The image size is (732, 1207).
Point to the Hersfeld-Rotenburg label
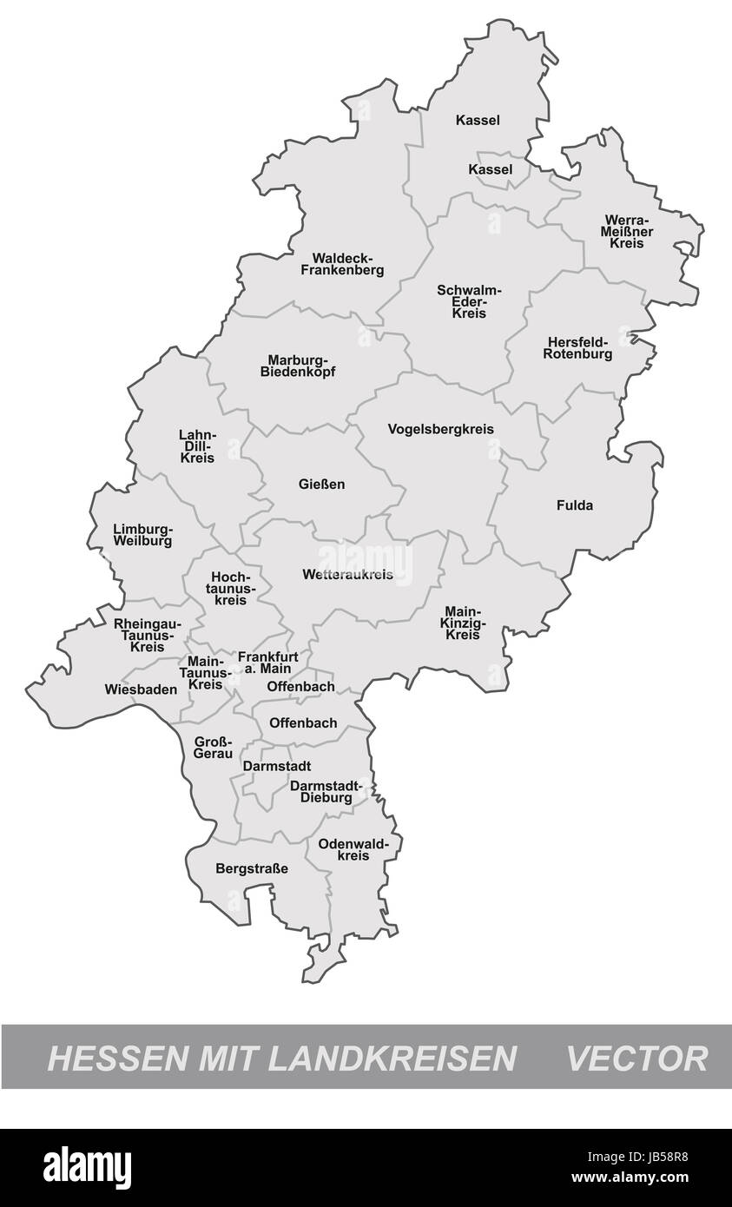coord(580,347)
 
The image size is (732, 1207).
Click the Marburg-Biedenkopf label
coord(298,365)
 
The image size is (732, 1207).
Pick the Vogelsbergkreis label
coord(440,429)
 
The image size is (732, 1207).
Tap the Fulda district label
coord(575,505)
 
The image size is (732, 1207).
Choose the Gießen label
coord(321,484)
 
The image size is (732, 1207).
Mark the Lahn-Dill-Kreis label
coord(197,446)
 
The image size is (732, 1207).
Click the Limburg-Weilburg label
coord(142,535)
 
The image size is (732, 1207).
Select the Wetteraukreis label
coord(347,574)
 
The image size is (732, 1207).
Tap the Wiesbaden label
coord(141,690)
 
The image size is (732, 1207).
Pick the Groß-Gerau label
coord(213,748)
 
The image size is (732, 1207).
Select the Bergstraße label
coord(252,867)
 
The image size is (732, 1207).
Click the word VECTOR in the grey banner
coord(637,1059)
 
